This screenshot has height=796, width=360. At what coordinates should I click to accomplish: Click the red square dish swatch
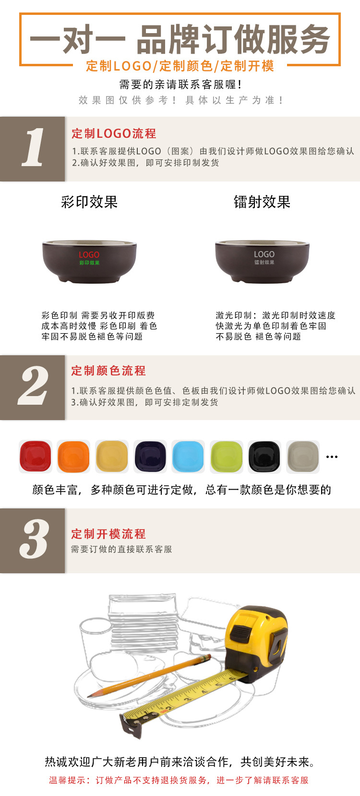coord(35,456)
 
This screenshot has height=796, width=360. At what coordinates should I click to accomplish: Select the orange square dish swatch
coord(73,456)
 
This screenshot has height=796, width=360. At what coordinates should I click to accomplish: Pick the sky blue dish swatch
coord(188,456)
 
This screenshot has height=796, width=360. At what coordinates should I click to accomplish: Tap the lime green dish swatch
coord(227,456)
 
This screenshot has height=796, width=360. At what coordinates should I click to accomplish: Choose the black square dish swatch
coord(264,456)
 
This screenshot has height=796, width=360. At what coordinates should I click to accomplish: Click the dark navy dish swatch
coord(150,456)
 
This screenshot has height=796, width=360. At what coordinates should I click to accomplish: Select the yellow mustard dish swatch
coord(112,456)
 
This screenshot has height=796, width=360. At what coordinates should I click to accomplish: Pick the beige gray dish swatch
coord(303,456)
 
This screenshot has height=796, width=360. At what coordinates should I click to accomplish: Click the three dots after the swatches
coord(332,457)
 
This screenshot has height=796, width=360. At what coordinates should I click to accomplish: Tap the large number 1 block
coord(32,149)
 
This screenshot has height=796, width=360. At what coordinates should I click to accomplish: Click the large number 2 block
coord(32,387)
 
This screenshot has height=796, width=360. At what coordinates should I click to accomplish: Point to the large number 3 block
coord(32,540)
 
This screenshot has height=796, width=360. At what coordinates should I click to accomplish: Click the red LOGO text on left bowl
coord(89,254)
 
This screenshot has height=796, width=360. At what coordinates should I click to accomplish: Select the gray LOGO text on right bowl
coord(264,254)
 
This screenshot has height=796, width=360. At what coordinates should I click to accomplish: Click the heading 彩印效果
coord(89,202)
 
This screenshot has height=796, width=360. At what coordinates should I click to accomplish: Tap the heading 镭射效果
coord(262,202)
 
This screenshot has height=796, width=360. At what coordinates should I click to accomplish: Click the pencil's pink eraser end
coord(207,657)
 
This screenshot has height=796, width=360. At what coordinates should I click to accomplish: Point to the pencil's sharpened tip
coord(89,696)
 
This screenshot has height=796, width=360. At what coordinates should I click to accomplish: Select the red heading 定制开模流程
coord(108,534)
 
